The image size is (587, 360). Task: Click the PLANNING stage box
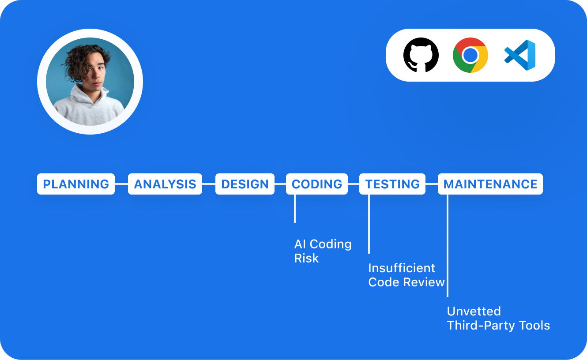tap(76, 184)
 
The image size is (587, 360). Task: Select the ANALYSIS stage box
tap(165, 184)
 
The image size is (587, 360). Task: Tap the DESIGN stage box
tap(245, 184)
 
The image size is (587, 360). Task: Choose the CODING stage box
tap(317, 184)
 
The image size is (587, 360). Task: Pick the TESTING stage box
tap(392, 184)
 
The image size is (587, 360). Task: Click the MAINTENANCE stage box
tap(490, 184)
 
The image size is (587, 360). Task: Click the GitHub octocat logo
tap(421, 55)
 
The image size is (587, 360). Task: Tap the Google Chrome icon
tap(470, 55)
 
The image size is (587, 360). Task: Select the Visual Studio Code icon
tap(520, 55)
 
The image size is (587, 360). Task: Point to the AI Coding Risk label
tap(323, 251)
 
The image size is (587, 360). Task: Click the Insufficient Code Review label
tap(406, 275)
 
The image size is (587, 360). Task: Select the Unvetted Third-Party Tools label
tap(498, 318)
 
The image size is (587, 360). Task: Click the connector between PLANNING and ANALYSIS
tap(121, 184)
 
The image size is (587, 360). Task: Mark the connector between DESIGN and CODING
tap(280, 184)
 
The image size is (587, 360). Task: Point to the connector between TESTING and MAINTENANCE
tap(432, 184)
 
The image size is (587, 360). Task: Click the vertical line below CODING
tap(295, 208)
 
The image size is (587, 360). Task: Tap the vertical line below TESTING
tap(369, 224)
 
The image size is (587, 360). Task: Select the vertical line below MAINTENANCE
tap(448, 245)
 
